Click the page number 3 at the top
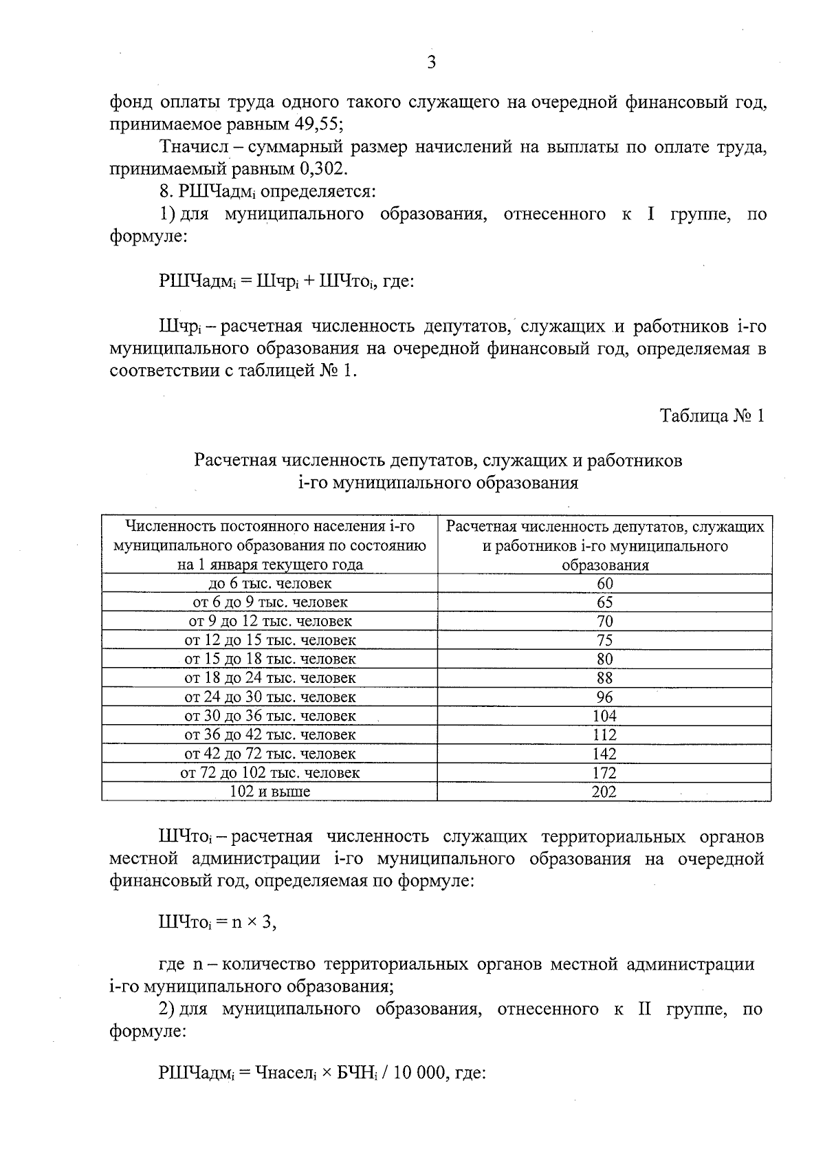tap(431, 63)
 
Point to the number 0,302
tap(323, 168)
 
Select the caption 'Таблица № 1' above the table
tap(712, 416)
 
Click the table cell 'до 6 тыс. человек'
tap(269, 584)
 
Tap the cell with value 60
tap(604, 584)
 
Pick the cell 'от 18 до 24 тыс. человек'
tap(269, 678)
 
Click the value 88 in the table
tap(604, 678)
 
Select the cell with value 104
tap(604, 716)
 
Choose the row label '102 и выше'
tap(269, 792)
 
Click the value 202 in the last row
tap(604, 792)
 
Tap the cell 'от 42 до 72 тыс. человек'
tap(269, 754)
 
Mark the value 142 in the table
tap(604, 754)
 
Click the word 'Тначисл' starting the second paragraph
tap(190, 147)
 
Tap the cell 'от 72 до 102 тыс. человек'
tap(269, 773)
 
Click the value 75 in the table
tap(604, 640)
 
